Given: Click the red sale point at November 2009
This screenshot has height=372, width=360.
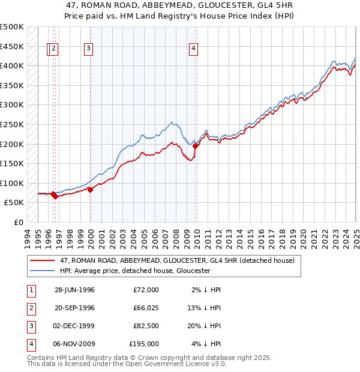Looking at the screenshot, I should (x=196, y=146).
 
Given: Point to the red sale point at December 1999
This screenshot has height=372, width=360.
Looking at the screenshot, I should (x=90, y=190).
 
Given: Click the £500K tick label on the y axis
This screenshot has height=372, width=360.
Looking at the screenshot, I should (x=12, y=27).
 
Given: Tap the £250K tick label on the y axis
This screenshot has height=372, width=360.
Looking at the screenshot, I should (x=12, y=124).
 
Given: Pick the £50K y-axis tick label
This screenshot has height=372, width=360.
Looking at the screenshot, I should (x=14, y=203).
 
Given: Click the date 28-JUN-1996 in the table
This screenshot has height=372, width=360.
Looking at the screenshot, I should (x=74, y=290).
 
